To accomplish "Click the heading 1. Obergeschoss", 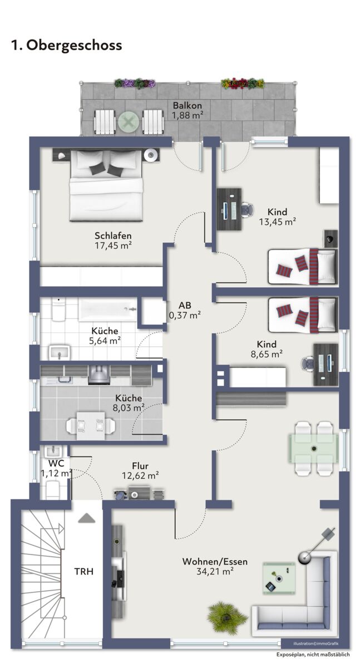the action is (x=66, y=45).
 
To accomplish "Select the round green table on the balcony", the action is (x=129, y=122).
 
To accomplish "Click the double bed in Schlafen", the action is (x=106, y=185).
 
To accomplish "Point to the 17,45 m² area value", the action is (x=114, y=245).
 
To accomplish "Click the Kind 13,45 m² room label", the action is (x=277, y=217).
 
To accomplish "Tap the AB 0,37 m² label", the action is (x=185, y=310).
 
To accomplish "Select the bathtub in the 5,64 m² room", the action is (x=107, y=310).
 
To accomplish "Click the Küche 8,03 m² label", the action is (x=129, y=402).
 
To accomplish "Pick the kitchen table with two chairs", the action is (x=91, y=425).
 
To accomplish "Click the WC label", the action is (x=56, y=463).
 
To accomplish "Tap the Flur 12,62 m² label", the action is (x=140, y=470).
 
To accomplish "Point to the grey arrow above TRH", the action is (x=86, y=518).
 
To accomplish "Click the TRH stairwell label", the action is (x=84, y=571).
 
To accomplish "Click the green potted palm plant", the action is (x=227, y=616).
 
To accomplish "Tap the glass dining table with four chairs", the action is (x=313, y=448).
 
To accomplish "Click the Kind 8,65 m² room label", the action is (x=267, y=349).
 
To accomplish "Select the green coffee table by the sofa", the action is (x=279, y=578).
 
